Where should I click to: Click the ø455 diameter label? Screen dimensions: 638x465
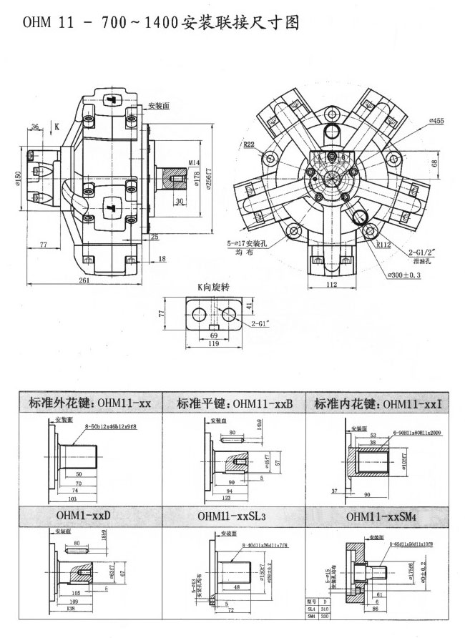[436, 122]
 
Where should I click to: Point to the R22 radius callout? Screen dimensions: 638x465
[249, 144]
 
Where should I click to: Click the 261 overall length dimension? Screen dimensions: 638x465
[84, 281]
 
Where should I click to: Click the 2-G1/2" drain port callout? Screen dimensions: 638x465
[422, 252]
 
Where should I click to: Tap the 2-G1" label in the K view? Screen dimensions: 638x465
[261, 324]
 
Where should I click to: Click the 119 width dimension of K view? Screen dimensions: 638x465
[212, 344]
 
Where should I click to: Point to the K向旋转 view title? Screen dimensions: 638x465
[212, 287]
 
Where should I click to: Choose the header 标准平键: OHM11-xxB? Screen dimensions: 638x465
[234, 404]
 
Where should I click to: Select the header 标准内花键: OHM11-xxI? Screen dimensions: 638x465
[378, 404]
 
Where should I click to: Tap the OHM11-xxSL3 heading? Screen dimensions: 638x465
[233, 516]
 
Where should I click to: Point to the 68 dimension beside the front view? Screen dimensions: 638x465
[435, 163]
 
